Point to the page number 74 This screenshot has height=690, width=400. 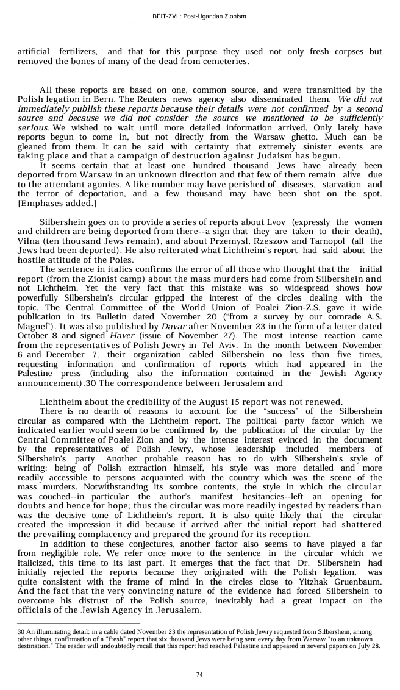[199, 675]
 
